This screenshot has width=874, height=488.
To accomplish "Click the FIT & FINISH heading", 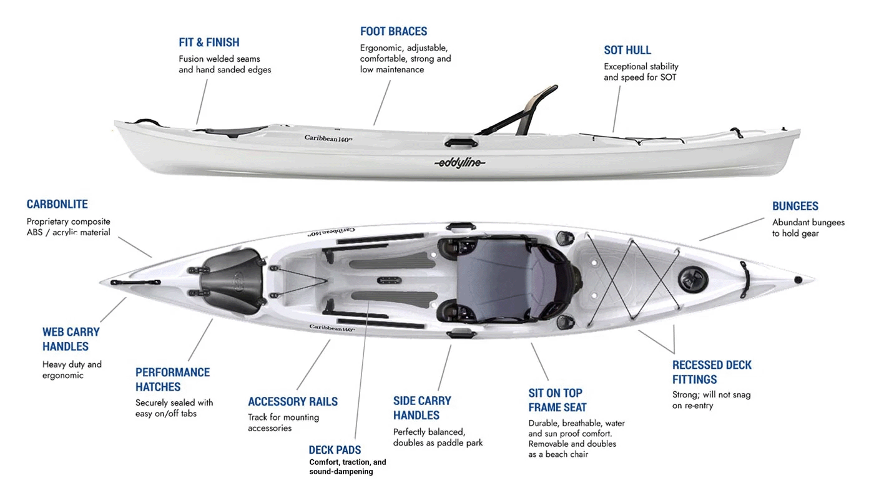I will (209, 42).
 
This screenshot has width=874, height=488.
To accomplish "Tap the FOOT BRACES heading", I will (393, 31).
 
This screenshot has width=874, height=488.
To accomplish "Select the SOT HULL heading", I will (627, 50).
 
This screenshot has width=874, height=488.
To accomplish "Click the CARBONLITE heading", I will (57, 204).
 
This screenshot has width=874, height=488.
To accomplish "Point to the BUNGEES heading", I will (795, 206).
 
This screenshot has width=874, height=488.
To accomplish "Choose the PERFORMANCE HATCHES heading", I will (172, 379).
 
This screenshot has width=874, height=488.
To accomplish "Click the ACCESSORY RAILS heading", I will (292, 401).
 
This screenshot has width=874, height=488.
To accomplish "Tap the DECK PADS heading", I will (335, 449).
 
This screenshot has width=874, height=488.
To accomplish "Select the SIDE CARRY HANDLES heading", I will (421, 408).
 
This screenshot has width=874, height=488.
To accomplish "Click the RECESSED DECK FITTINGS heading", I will (712, 372).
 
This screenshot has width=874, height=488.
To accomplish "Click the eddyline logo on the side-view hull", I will (459, 163).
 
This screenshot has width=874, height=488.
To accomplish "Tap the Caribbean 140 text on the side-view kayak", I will (328, 138).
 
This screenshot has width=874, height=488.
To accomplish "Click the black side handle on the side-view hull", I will (461, 143).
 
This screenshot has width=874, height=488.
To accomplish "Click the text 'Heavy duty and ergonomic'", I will (72, 369).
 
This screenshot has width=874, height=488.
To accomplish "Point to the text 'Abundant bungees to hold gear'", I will (808, 228).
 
